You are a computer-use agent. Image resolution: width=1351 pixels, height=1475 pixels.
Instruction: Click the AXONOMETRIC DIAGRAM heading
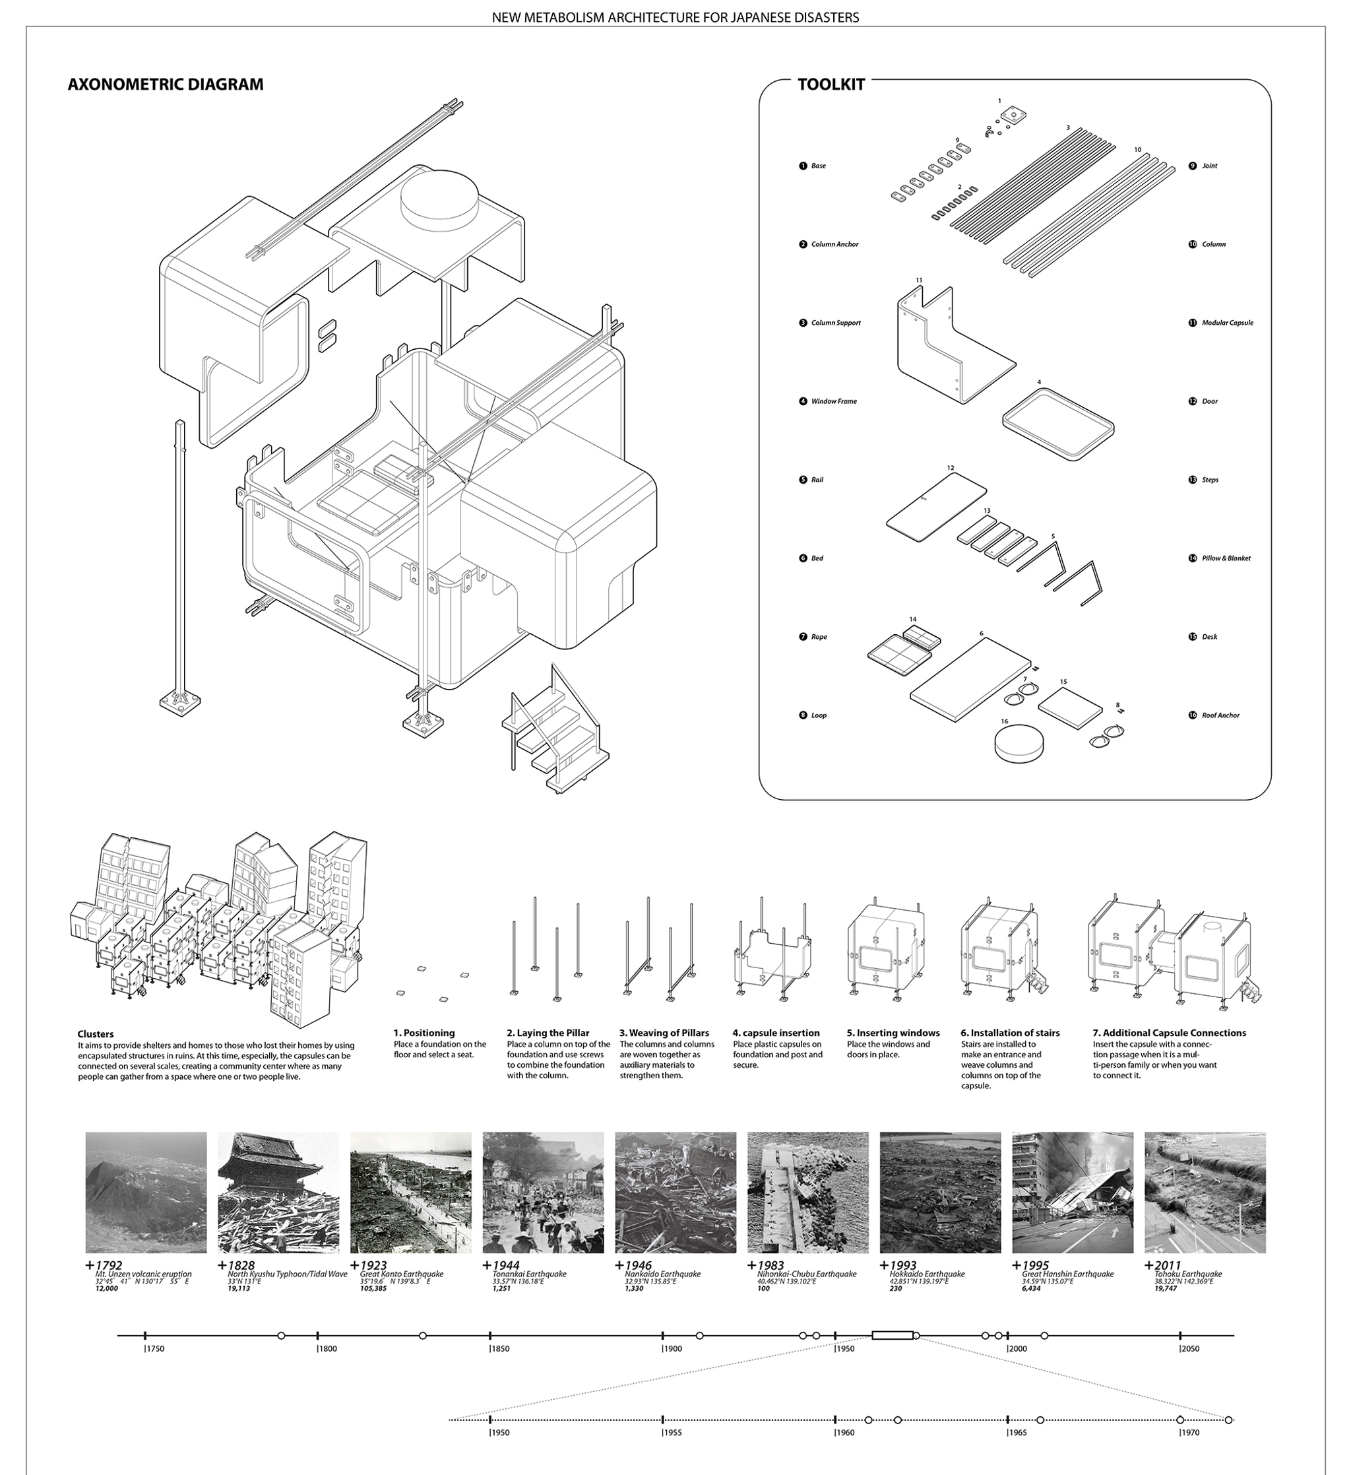(166, 84)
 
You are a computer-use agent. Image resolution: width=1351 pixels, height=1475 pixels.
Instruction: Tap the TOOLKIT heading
(831, 84)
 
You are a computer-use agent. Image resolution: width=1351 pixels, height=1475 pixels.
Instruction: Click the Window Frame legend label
(833, 401)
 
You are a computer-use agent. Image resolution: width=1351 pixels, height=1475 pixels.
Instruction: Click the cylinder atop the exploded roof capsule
(439, 196)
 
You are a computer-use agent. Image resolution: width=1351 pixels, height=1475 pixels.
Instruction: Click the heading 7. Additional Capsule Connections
(1169, 1032)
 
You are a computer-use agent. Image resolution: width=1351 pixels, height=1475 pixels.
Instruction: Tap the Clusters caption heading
(95, 1033)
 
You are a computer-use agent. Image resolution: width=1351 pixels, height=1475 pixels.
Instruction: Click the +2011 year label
(1163, 1265)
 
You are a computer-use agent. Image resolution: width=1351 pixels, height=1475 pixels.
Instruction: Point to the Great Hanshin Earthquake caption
(1067, 1274)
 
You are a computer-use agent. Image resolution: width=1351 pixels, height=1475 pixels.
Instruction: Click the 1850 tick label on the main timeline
(500, 1348)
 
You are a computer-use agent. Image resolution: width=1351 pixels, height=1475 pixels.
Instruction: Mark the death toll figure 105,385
(373, 1288)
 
